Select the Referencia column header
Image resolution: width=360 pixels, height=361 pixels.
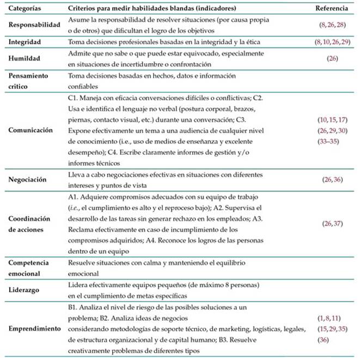point(329,9)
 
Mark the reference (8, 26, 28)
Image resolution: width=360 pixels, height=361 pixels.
point(329,26)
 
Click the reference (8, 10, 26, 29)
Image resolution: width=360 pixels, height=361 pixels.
point(329,41)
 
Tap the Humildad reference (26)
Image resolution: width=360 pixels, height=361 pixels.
point(329,57)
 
